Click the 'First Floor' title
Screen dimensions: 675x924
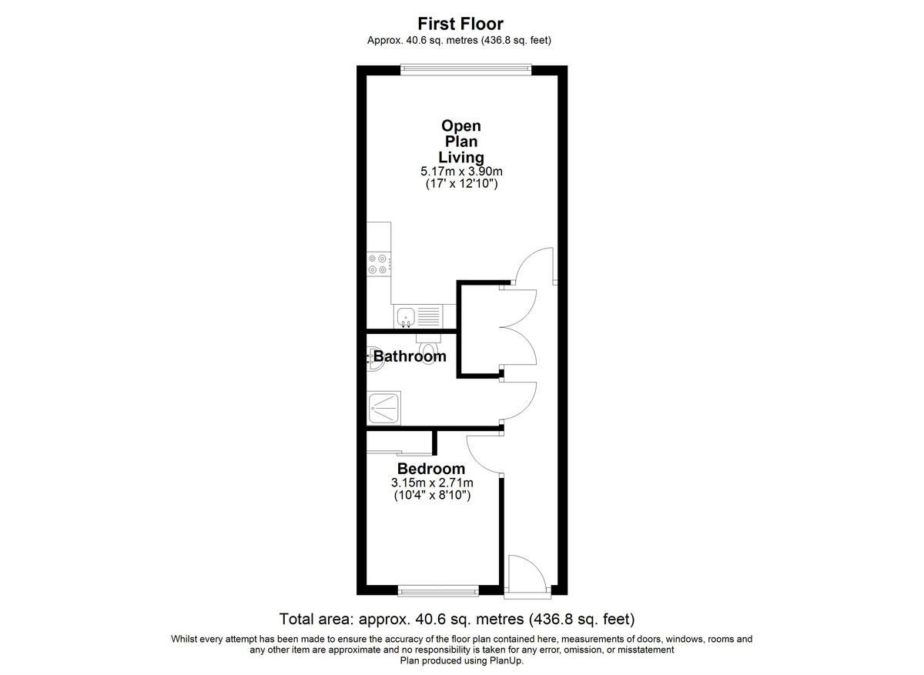pyautogui.click(x=460, y=24)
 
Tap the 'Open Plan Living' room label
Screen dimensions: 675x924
pyautogui.click(x=460, y=141)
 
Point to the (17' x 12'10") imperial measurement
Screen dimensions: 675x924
pyautogui.click(x=460, y=185)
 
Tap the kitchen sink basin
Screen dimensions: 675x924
pyautogui.click(x=405, y=316)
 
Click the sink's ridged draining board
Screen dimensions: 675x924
pyautogui.click(x=428, y=316)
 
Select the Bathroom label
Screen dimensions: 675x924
pyautogui.click(x=410, y=356)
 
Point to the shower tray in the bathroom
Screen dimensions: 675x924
pyautogui.click(x=383, y=407)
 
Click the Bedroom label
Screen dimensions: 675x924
pyautogui.click(x=430, y=469)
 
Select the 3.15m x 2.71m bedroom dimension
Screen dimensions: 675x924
pyautogui.click(x=431, y=483)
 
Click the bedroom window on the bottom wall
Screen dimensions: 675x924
pyautogui.click(x=438, y=591)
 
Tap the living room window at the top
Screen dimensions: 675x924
pyautogui.click(x=465, y=69)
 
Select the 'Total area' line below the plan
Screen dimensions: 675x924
pyautogui.click(x=457, y=619)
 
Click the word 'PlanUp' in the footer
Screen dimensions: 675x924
pyautogui.click(x=504, y=660)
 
